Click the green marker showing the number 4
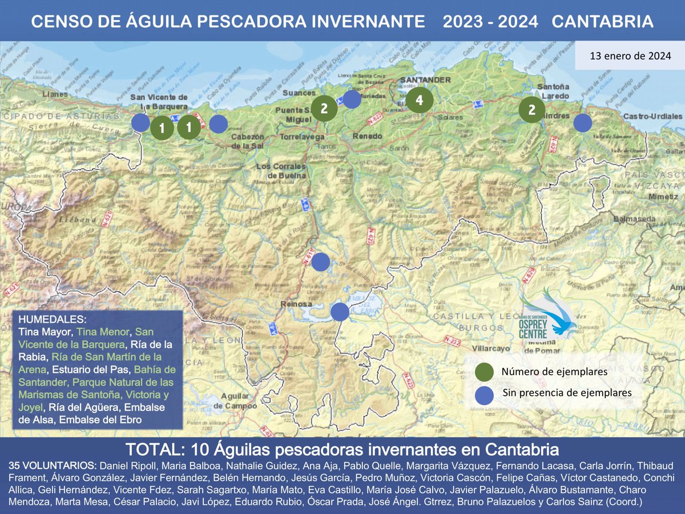point(420,101)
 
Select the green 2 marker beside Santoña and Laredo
point(532,110)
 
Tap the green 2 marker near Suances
point(324,108)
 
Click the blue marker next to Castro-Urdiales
point(582,123)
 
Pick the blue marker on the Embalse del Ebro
point(340,311)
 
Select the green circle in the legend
point(484,372)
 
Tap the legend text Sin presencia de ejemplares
point(567,393)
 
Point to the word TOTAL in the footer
point(149,447)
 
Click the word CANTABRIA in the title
point(603,22)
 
